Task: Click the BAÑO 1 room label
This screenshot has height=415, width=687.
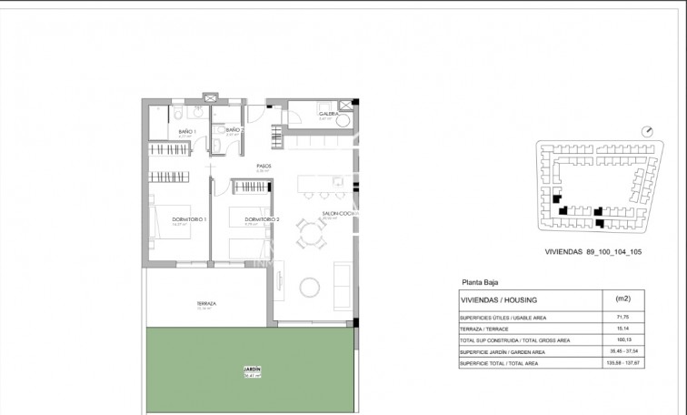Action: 187,131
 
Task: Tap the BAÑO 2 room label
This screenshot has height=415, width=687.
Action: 233,131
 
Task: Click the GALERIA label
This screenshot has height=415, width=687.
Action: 304,114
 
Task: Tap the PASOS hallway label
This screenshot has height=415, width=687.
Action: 264,167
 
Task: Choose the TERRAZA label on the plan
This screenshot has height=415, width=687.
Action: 204,304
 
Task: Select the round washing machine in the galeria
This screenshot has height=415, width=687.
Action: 344,123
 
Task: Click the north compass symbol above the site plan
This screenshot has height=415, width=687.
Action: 646,133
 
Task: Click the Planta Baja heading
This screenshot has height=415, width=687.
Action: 483,283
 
